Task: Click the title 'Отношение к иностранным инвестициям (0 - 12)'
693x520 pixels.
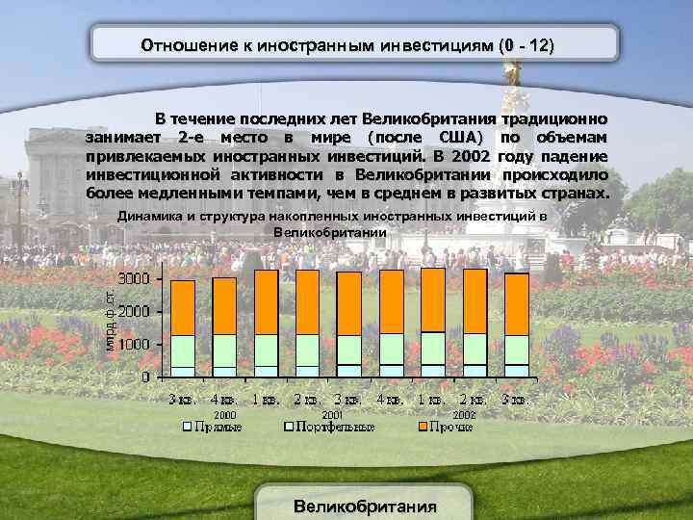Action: click(347, 45)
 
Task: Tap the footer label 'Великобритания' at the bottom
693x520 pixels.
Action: click(365, 506)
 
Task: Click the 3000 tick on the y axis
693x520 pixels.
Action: click(133, 278)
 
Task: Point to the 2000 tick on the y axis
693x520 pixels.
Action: click(133, 311)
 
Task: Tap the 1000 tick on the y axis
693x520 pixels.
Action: click(133, 344)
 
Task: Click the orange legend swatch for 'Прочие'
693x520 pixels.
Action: click(422, 426)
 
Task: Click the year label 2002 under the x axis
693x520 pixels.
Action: click(463, 414)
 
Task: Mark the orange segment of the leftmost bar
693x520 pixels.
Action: click(183, 307)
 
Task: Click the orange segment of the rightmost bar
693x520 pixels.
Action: click(517, 303)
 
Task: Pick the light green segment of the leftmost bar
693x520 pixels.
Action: click(183, 351)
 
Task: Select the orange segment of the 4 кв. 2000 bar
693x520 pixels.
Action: click(224, 305)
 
